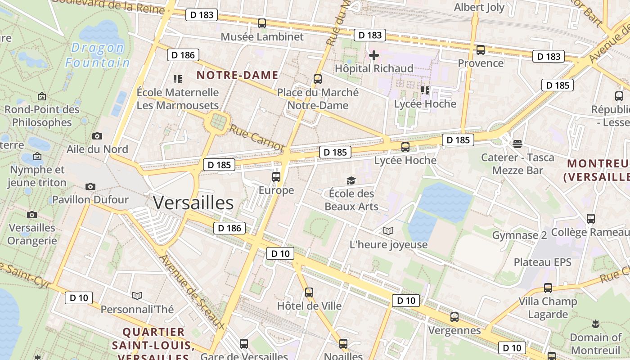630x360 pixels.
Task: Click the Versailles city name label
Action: click(193, 203)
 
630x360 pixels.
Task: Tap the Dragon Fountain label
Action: click(98, 54)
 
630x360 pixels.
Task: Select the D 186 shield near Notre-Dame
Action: click(183, 55)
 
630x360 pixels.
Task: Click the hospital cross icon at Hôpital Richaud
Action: click(373, 56)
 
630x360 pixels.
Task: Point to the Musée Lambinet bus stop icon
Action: click(262, 23)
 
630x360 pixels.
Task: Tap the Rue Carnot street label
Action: click(257, 138)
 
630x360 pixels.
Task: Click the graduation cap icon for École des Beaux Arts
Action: click(351, 180)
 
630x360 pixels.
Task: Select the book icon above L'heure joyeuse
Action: click(388, 231)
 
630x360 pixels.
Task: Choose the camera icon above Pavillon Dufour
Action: click(90, 186)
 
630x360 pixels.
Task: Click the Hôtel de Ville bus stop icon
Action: click(309, 292)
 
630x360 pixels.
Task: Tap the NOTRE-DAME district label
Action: click(237, 75)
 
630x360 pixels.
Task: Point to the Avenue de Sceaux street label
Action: click(191, 291)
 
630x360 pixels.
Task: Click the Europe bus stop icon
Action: click(276, 177)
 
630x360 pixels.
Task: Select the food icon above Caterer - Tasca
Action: click(517, 144)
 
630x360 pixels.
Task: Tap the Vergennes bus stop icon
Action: click(454, 317)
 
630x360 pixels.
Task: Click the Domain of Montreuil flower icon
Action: click(595, 324)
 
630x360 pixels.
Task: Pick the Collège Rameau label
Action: click(590, 232)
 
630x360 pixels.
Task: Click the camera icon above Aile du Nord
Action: click(97, 136)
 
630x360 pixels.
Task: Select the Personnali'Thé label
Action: click(137, 310)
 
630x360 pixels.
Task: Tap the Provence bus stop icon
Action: click(481, 50)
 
